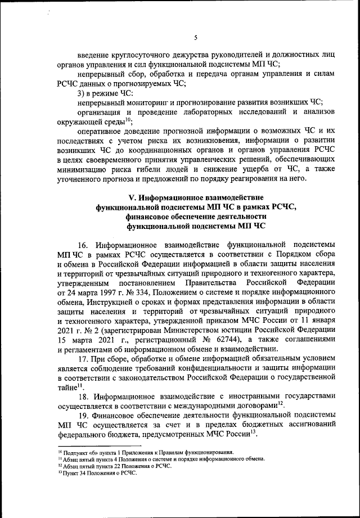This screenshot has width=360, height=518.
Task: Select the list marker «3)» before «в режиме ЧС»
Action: [82, 92]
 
